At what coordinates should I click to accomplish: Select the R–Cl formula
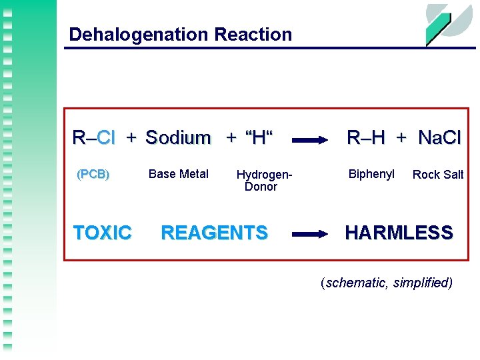pos(94,138)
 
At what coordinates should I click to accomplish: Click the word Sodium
pos(178,138)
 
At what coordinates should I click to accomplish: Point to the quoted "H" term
pos(259,138)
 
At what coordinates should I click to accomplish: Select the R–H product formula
pos(366,138)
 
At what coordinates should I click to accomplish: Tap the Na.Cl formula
pos(439,138)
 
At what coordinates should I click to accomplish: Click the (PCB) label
pos(93,175)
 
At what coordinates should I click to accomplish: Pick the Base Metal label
pos(179,174)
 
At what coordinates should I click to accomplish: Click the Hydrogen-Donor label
pos(263,181)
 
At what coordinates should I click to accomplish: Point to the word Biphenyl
pos(371,174)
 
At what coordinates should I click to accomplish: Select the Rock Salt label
pos(438,175)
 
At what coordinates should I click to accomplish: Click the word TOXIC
pos(103,233)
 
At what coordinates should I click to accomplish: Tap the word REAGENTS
pos(214,233)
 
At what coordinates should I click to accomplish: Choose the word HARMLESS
pos(399,233)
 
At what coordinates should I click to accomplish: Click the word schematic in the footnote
pos(354,283)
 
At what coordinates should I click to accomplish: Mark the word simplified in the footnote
pos(421,283)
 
